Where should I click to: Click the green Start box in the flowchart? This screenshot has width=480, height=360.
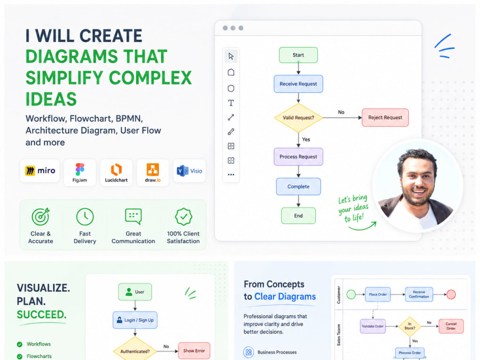click(298, 55)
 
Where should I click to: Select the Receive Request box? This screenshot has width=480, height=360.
click(298, 84)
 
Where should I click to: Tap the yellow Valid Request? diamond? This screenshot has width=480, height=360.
click(299, 118)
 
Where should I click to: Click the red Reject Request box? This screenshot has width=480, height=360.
click(385, 118)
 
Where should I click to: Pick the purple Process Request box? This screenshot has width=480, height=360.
click(298, 157)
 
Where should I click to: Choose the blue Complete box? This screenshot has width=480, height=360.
click(298, 186)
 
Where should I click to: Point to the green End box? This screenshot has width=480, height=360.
click(298, 216)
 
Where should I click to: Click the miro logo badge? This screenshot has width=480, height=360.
click(40, 171)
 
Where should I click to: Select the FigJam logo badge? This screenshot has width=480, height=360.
click(80, 172)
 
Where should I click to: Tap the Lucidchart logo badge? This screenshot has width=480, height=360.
click(116, 172)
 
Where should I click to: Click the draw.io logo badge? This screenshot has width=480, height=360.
click(153, 172)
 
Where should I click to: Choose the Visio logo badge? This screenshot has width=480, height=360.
click(190, 171)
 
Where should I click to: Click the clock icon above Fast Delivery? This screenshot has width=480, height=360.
click(85, 217)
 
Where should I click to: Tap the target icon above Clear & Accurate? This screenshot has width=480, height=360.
click(41, 216)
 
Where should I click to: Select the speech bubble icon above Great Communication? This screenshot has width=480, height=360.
click(133, 216)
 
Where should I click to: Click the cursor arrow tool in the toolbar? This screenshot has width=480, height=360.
click(231, 56)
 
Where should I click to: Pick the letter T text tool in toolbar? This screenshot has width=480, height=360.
click(231, 103)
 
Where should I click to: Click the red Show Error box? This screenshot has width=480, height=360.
click(194, 351)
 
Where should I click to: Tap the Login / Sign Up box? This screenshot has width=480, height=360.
click(135, 320)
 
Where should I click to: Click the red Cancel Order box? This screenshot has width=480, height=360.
click(451, 326)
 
